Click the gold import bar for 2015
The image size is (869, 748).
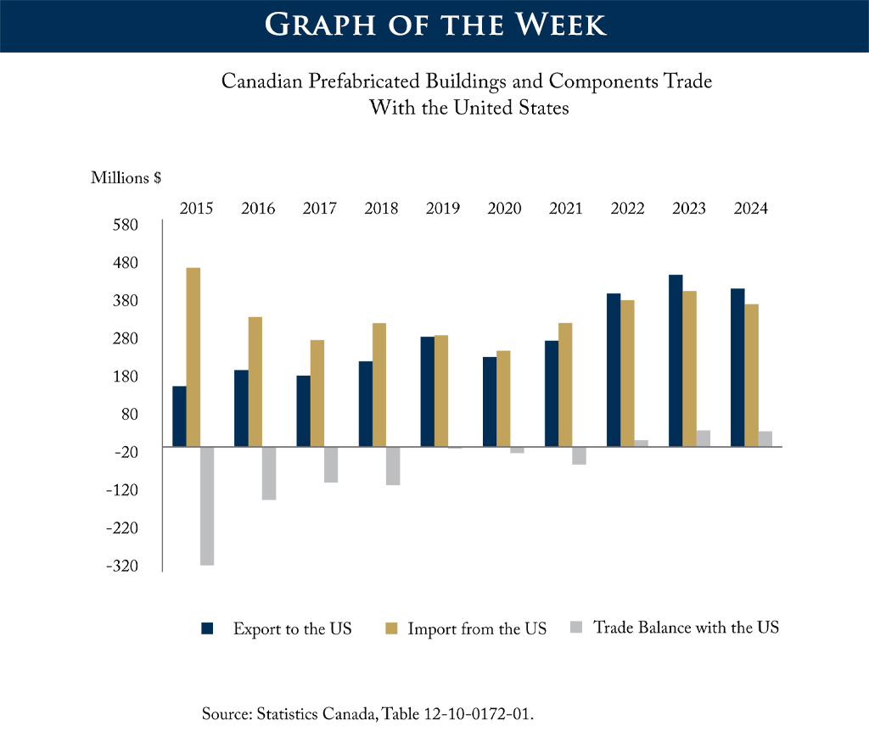193,357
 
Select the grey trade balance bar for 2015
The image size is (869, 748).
207,505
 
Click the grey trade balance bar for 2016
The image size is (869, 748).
269,473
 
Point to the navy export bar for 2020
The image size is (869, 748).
490,401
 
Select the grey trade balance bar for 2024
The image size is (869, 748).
765,438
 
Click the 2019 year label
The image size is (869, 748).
443,209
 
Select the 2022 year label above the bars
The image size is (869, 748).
627,209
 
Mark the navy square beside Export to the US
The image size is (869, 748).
207,628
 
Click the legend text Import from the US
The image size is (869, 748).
477,629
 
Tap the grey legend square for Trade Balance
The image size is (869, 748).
576,628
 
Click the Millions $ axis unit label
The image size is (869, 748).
126,178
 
